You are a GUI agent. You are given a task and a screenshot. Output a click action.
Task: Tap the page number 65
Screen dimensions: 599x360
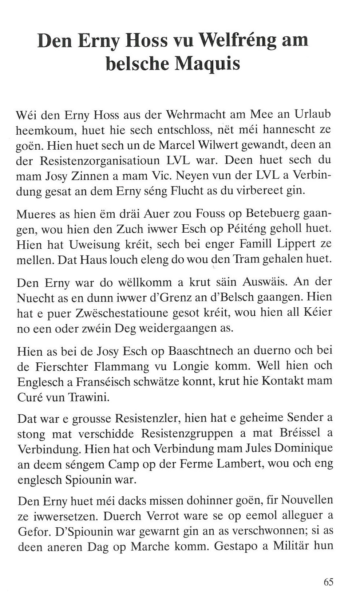coord(328,582)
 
